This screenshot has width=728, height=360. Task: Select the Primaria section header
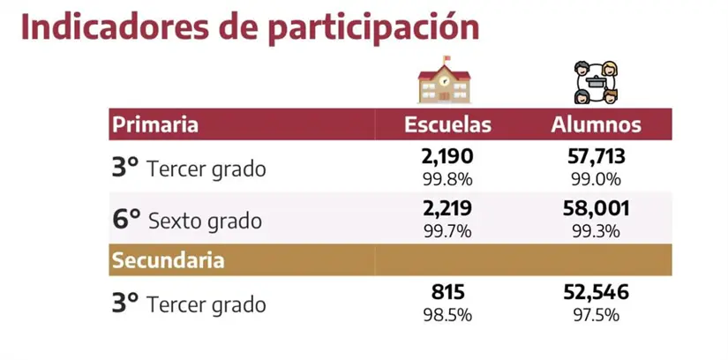pyautogui.click(x=154, y=124)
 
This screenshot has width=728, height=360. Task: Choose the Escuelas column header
pyautogui.click(x=447, y=124)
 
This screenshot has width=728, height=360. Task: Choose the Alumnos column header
pyautogui.click(x=596, y=124)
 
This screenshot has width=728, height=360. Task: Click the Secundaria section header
pyautogui.click(x=167, y=260)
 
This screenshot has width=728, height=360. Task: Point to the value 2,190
pyautogui.click(x=447, y=157)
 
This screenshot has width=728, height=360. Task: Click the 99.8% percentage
pyautogui.click(x=447, y=177)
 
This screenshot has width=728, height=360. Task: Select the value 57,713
pyautogui.click(x=596, y=157)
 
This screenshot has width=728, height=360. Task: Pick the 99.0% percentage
pyautogui.click(x=596, y=177)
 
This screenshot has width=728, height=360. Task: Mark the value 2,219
pyautogui.click(x=447, y=209)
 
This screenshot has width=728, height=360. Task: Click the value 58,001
pyautogui.click(x=596, y=209)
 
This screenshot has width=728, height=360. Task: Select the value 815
pyautogui.click(x=447, y=294)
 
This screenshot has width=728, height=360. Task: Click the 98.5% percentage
pyautogui.click(x=447, y=314)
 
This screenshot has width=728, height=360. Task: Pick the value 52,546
pyautogui.click(x=596, y=294)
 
